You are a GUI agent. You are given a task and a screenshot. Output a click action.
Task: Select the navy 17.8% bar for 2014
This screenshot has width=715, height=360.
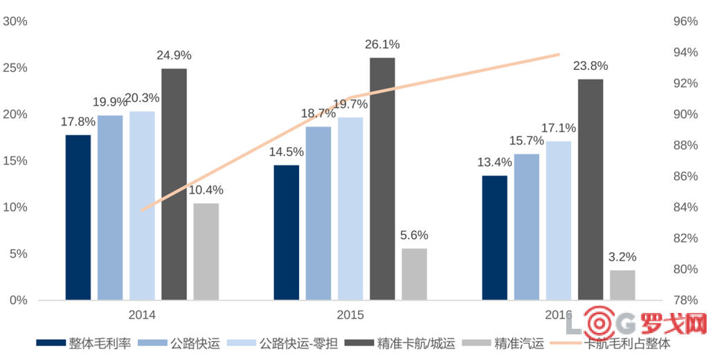78,217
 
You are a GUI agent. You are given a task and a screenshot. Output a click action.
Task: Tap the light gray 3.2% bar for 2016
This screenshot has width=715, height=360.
622,285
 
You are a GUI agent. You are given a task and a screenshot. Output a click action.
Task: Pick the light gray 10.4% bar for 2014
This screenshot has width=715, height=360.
206,251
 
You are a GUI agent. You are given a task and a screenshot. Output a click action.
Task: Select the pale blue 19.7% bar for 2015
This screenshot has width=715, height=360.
350,208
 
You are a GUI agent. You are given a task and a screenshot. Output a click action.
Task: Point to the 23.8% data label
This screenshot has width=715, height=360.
590,66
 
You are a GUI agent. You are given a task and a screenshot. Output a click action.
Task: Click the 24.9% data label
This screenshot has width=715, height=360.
174,55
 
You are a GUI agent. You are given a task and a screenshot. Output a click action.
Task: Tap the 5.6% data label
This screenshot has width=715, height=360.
414,235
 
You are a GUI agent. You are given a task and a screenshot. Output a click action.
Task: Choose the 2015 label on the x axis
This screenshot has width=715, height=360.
350,315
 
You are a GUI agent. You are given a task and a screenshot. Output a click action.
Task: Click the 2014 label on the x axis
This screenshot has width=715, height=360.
142,315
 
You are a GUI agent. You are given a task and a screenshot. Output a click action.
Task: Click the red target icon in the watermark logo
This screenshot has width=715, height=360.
598,322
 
